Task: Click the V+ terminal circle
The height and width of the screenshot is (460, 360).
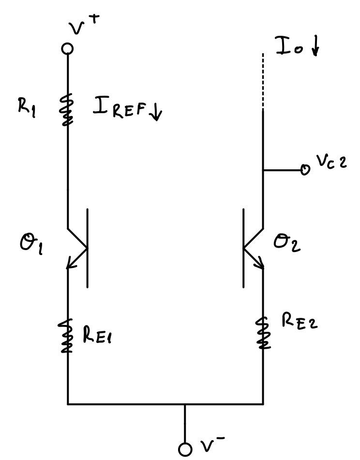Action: click(x=68, y=48)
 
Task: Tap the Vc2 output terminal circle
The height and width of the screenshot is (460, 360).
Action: click(x=305, y=170)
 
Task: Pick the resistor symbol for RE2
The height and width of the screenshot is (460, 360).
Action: click(x=263, y=333)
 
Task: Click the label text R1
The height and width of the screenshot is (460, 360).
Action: click(x=27, y=105)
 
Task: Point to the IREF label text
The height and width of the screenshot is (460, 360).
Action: click(x=121, y=108)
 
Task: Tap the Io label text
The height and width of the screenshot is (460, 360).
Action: click(x=289, y=46)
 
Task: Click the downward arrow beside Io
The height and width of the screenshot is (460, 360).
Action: click(x=315, y=47)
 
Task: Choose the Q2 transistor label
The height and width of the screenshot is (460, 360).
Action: click(x=287, y=241)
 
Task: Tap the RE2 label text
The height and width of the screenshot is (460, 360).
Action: click(x=300, y=321)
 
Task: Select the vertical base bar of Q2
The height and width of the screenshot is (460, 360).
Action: click(x=243, y=248)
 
